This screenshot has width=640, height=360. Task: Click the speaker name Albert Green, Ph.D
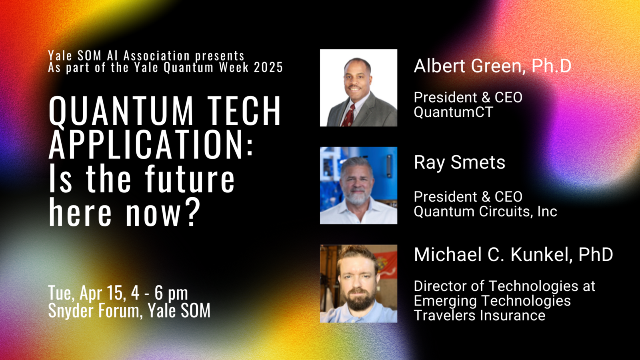(492, 66)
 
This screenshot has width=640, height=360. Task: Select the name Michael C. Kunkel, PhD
(514, 254)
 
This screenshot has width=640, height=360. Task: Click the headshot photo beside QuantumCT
(358, 88)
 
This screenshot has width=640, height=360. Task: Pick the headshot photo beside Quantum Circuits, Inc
(358, 186)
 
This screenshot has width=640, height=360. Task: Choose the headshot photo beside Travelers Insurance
(358, 284)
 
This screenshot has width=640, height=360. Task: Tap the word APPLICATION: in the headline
(150, 144)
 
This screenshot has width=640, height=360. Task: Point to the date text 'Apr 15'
(102, 292)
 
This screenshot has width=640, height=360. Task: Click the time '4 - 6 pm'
(160, 293)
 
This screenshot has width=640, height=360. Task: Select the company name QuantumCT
(454, 112)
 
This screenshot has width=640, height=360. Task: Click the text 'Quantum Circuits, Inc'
(486, 212)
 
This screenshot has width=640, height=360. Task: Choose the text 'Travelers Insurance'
(480, 316)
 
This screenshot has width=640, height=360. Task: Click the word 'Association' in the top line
(156, 56)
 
